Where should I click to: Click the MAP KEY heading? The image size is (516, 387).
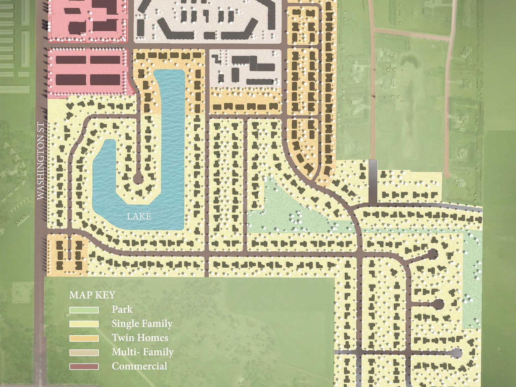click(92, 295)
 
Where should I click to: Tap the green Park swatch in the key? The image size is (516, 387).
click(84, 310)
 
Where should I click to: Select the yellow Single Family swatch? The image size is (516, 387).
click(84, 324)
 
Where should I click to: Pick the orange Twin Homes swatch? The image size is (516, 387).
click(84, 338)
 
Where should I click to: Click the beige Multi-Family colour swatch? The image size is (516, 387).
click(84, 352)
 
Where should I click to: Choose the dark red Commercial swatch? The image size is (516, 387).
click(84, 367)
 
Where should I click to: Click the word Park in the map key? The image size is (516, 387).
click(122, 309)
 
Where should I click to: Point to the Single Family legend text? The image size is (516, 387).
click(142, 324)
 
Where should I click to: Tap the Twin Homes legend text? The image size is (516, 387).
click(140, 338)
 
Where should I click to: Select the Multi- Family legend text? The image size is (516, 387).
click(142, 352)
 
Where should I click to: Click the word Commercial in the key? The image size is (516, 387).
click(139, 366)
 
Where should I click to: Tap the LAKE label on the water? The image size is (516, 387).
click(139, 216)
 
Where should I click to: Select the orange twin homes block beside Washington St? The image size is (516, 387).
click(67, 254)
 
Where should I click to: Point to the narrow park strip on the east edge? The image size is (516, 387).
click(472, 286)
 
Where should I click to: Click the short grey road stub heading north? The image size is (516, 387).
click(373, 181)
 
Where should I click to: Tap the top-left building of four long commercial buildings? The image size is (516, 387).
click(71, 60)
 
